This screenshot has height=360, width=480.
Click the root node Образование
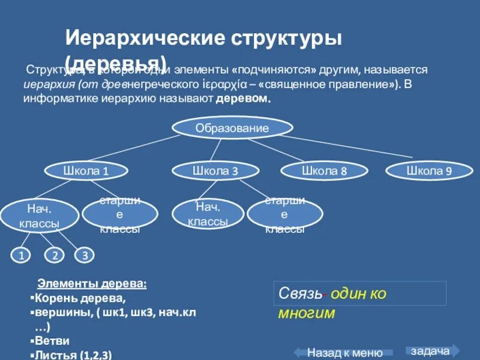click(x=232, y=127)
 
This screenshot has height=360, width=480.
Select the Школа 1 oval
click(x=86, y=171)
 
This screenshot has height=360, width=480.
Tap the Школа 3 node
click(x=215, y=171)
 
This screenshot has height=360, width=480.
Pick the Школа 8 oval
click(x=325, y=171)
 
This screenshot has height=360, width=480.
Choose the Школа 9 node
click(x=429, y=171)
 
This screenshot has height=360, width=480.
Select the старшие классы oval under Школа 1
click(x=120, y=214)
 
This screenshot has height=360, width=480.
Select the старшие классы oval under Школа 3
click(x=285, y=214)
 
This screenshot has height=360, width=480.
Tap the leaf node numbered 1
click(x=21, y=256)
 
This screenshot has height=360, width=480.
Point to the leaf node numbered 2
click(x=55, y=256)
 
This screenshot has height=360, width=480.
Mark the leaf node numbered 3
click(x=85, y=256)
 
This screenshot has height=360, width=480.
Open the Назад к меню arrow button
click(x=344, y=352)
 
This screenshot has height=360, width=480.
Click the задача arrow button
click(x=432, y=350)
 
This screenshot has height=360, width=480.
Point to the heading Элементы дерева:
click(x=92, y=283)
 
